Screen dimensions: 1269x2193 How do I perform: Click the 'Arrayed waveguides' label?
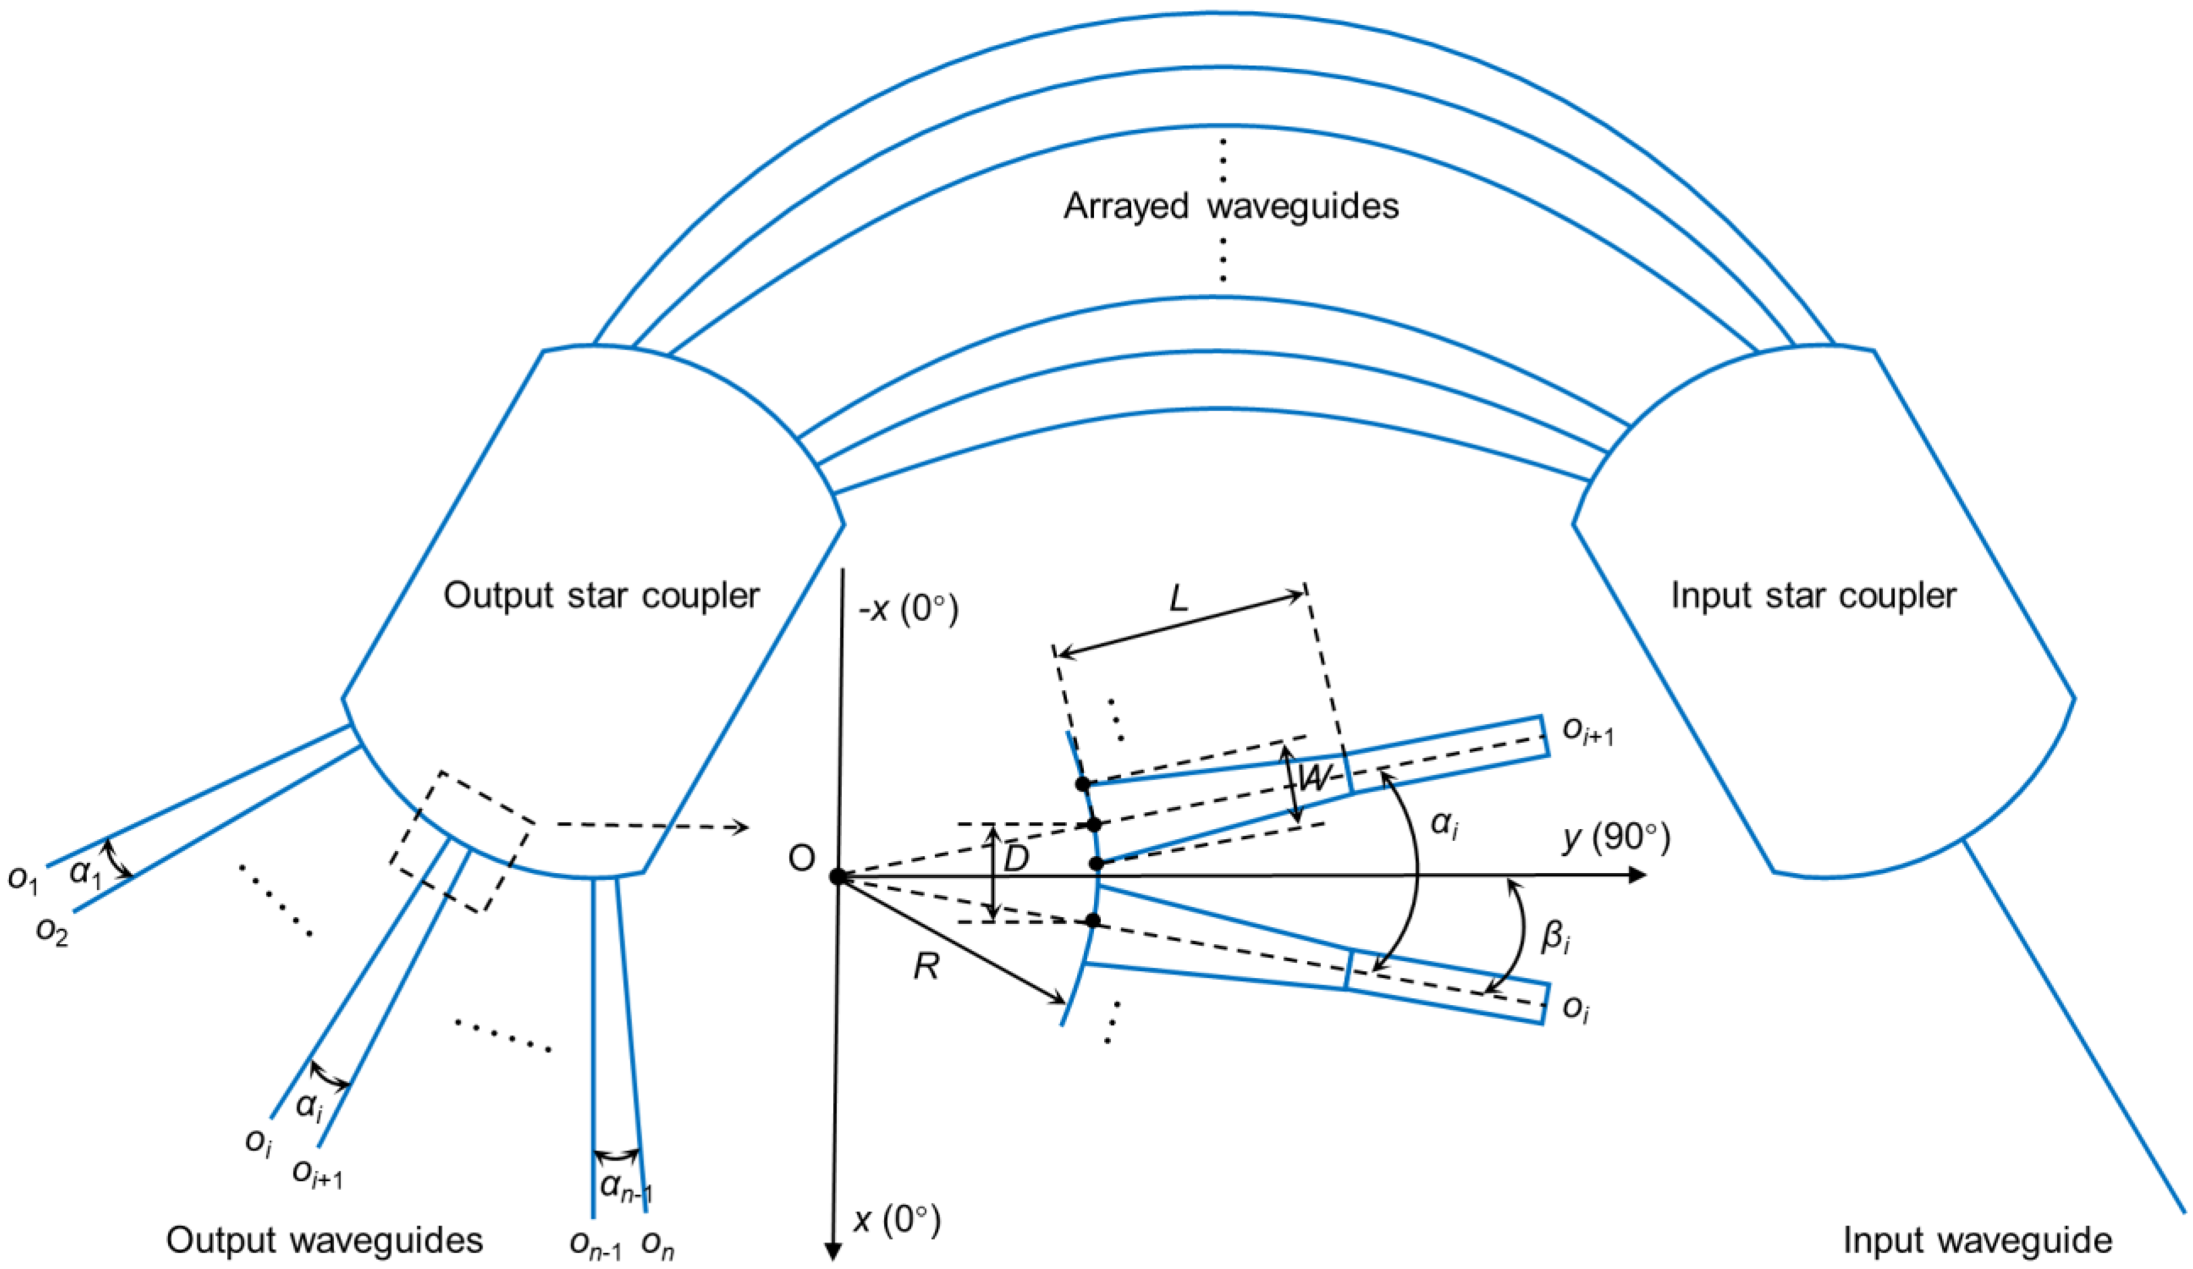point(1230,207)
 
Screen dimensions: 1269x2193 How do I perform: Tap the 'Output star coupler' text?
point(601,596)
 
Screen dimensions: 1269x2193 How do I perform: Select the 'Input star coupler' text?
point(1813,596)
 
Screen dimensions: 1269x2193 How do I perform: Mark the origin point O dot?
point(837,876)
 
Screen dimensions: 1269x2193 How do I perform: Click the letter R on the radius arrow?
point(926,966)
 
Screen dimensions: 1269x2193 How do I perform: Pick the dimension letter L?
point(1179,599)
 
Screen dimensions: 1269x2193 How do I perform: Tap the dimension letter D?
point(1016,860)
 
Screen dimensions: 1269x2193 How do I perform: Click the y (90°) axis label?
point(1615,838)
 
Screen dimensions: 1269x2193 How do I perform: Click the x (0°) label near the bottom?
point(897,1220)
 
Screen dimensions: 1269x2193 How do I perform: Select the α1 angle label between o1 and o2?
point(85,872)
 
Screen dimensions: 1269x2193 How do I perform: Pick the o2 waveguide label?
point(52,931)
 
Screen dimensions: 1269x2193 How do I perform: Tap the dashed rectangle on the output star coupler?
point(461,841)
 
